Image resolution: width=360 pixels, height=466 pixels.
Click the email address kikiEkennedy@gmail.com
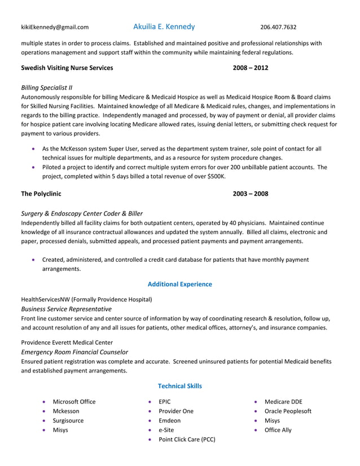55,27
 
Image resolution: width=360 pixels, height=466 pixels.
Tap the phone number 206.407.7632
278,27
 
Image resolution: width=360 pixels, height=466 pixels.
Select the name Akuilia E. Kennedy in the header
164,27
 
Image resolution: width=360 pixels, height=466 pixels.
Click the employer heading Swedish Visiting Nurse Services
67,68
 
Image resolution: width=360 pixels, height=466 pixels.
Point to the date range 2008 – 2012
251,68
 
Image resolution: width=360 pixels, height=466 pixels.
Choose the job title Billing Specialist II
47,87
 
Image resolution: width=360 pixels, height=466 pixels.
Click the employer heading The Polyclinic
41,194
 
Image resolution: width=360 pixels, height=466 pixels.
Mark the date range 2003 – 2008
251,194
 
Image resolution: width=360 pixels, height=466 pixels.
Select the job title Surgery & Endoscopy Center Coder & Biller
82,213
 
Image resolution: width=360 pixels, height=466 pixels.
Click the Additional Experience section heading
179,284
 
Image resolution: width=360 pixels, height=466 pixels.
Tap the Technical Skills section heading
179,386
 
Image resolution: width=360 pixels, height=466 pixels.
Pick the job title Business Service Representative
66,309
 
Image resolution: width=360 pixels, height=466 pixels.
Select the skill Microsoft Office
74,402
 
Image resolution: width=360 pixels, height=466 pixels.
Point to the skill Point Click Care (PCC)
187,439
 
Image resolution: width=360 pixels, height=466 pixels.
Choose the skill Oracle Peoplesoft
288,411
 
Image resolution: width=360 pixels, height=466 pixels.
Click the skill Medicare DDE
283,402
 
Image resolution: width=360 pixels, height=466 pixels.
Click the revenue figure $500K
215,176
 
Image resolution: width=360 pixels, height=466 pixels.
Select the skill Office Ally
278,430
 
